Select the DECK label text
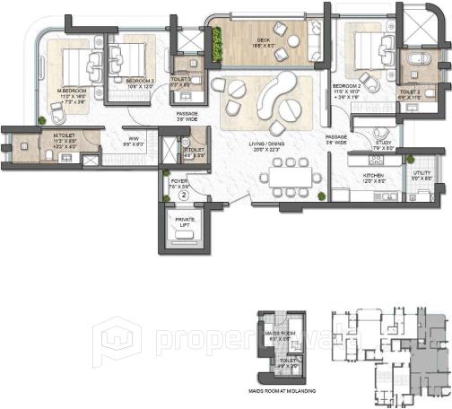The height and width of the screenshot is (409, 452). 264,39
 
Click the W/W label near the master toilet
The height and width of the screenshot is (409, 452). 134,139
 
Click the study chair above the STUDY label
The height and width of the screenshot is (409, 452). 383,128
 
